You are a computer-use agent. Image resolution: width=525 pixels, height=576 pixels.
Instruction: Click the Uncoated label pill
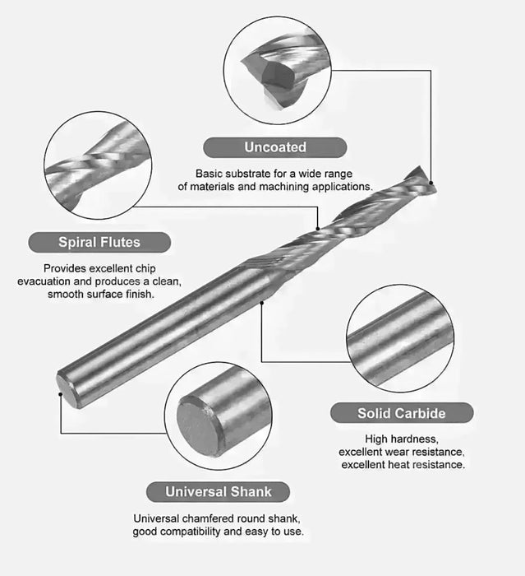click(x=274, y=147)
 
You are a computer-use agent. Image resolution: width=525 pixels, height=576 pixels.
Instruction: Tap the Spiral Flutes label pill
click(x=99, y=242)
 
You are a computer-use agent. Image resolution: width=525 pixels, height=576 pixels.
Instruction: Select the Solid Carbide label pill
click(x=402, y=413)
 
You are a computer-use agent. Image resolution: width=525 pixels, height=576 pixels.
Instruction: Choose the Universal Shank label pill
click(x=218, y=492)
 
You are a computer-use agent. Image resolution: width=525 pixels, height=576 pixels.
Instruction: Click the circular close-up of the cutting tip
click(x=278, y=70)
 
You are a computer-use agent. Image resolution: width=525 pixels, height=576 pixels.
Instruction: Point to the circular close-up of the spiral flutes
click(x=98, y=165)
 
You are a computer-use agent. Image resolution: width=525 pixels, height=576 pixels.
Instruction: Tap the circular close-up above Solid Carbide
click(x=400, y=338)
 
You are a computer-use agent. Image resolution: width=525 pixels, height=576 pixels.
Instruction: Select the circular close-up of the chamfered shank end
click(x=219, y=416)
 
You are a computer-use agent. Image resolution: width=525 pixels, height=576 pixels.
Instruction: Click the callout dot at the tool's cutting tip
click(x=431, y=183)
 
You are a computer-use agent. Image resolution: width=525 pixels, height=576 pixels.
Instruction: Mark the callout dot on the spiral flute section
click(x=318, y=229)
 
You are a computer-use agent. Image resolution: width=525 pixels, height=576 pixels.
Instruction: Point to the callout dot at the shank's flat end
click(x=61, y=394)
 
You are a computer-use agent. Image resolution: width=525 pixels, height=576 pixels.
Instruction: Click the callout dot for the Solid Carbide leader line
click(x=261, y=303)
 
